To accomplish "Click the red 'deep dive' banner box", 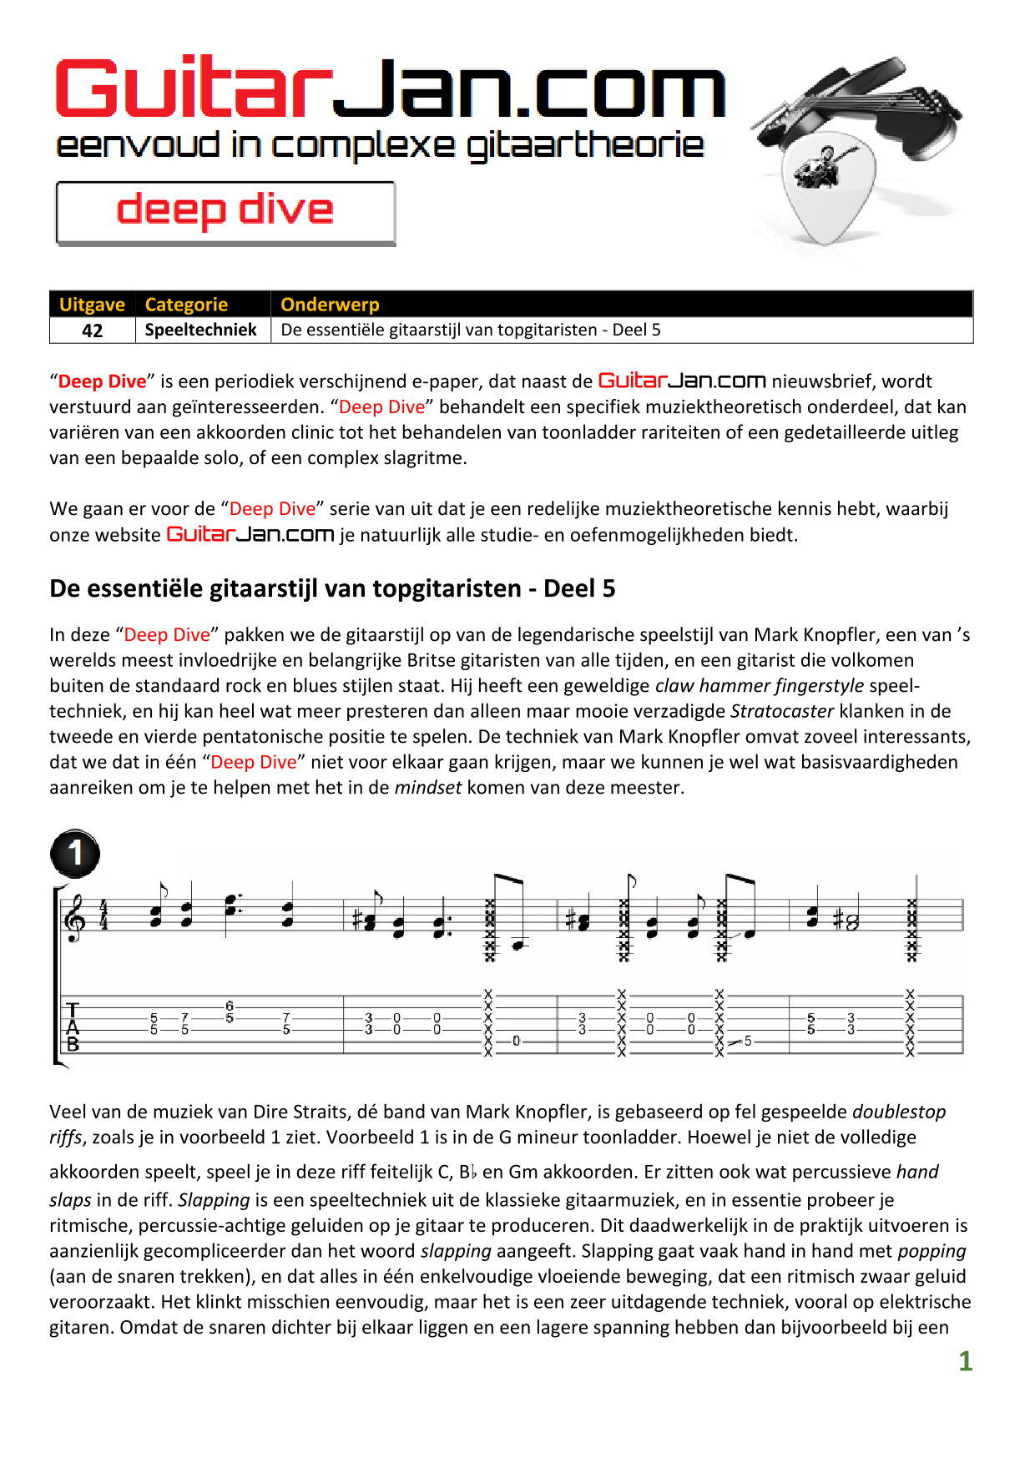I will (225, 212).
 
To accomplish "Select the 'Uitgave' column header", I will (92, 305).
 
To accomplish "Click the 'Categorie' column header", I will (186, 305).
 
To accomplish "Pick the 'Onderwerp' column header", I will (330, 305).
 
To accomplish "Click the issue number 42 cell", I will (93, 330).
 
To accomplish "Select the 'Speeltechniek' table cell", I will (201, 330).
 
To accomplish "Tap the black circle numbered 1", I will (75, 853).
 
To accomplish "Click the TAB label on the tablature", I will (73, 1027).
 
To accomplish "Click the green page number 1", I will (965, 1361).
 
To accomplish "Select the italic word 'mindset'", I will (427, 788).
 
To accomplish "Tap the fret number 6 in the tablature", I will (230, 1006).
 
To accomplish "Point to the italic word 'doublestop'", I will (898, 1112).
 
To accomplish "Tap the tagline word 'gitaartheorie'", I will (584, 147).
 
